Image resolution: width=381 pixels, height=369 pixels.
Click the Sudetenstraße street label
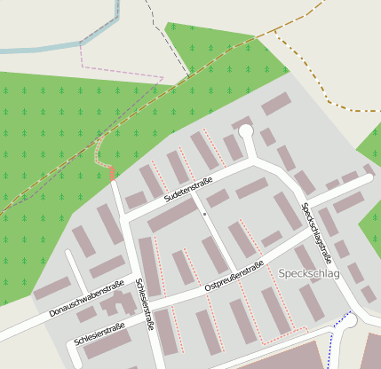187,188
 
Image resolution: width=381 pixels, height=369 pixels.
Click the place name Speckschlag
308,274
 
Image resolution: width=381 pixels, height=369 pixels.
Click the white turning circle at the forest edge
246,132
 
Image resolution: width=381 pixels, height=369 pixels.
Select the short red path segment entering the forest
113,173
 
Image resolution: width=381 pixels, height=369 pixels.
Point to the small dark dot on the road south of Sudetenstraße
204,214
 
